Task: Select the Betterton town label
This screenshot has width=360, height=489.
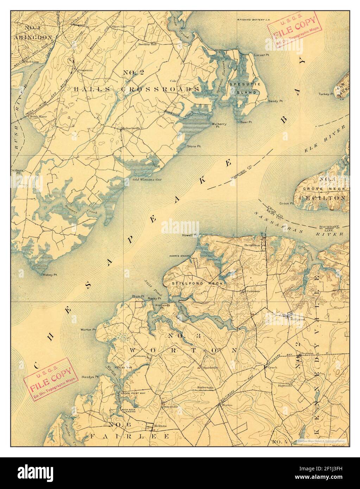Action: point(252,245)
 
